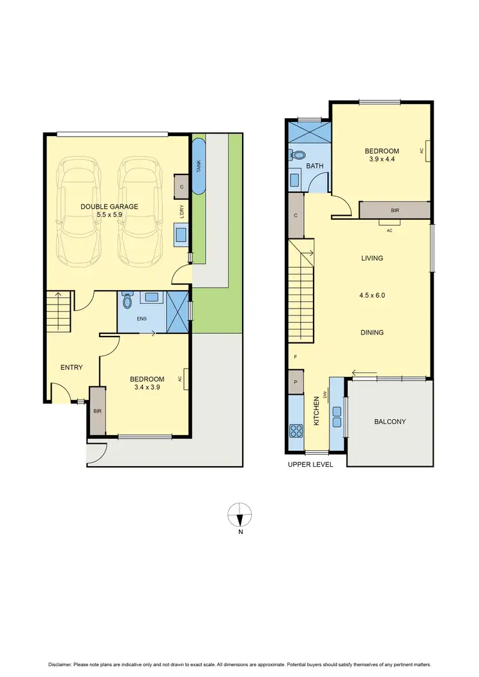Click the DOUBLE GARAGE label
[x=109, y=206]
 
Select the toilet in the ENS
[x=126, y=300]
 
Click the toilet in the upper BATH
[x=297, y=155]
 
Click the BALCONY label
[x=390, y=422]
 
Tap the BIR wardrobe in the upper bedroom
[x=395, y=209]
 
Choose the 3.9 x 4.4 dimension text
[x=382, y=160]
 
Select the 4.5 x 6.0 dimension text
[x=372, y=296]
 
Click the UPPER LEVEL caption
[x=310, y=464]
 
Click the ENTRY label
[x=72, y=367]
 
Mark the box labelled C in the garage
[x=182, y=186]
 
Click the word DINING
[x=372, y=332]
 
